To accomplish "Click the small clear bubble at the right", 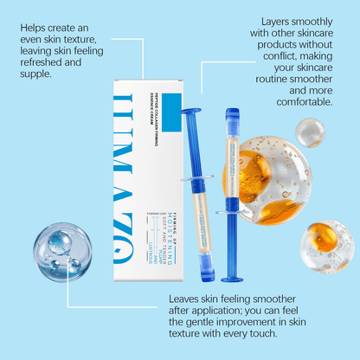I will point(310,132).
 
